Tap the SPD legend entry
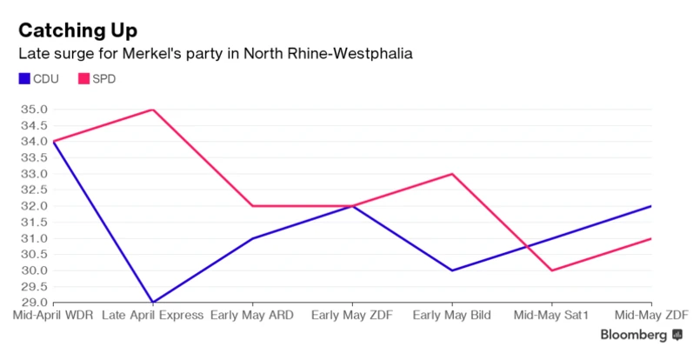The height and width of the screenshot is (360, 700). [97, 79]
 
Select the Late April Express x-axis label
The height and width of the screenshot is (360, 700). [153, 314]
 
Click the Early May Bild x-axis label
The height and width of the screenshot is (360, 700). [451, 314]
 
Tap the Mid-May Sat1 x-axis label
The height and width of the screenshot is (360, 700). [551, 314]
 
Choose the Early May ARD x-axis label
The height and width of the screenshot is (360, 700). [253, 314]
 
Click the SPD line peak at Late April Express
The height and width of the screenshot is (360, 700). [153, 110]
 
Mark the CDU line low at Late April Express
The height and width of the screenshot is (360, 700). [153, 303]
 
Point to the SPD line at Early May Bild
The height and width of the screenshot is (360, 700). [451, 174]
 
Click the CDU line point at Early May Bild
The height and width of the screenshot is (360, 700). [451, 270]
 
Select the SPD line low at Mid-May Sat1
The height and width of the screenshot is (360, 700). [551, 270]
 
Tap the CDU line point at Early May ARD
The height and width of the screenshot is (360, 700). [253, 238]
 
